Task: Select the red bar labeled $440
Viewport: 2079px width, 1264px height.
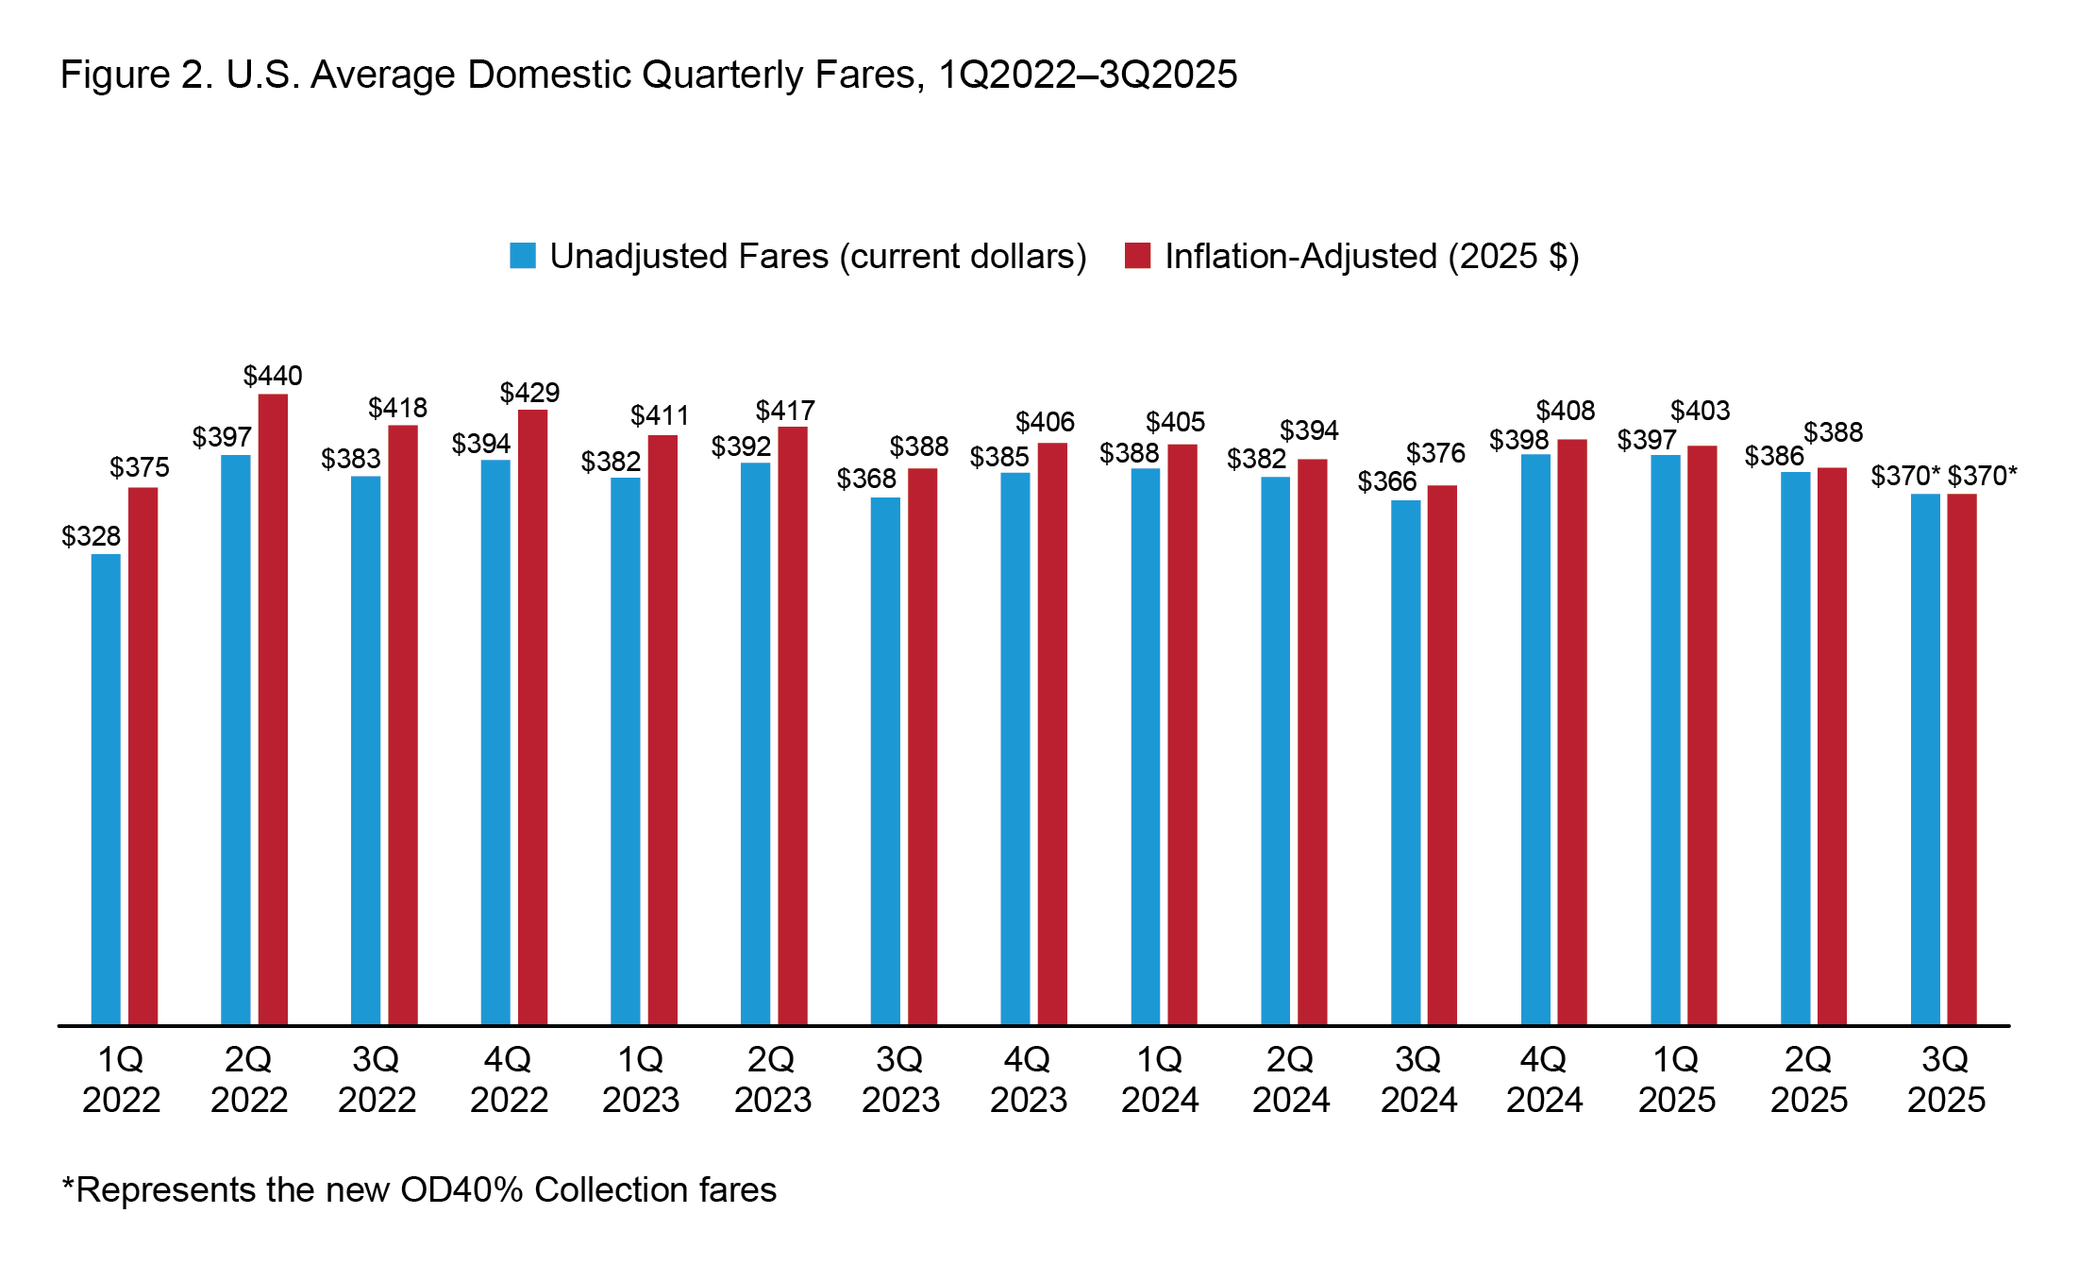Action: click(273, 708)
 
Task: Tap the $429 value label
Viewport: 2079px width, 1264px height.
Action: click(529, 393)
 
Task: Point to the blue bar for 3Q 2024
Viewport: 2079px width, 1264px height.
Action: click(1405, 762)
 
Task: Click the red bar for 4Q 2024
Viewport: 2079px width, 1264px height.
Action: click(1571, 732)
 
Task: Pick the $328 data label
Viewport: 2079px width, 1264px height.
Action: click(91, 536)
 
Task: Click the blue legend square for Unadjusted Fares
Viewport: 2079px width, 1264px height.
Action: click(523, 256)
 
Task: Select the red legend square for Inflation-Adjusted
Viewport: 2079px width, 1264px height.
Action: click(1137, 256)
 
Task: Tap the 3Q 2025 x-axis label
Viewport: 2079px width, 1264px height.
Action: click(1946, 1079)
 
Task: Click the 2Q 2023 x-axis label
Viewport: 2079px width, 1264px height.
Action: click(772, 1079)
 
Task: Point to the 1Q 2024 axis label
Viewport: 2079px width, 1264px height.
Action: click(1159, 1079)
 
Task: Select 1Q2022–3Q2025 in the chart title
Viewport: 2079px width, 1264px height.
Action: click(1087, 75)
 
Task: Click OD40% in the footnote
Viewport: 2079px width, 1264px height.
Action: click(461, 1189)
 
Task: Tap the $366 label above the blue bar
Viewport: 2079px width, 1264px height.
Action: click(1387, 481)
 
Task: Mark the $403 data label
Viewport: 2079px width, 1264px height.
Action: click(1700, 411)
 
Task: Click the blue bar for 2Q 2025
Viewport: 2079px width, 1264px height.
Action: click(1795, 748)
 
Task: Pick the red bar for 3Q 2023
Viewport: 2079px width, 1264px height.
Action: click(922, 746)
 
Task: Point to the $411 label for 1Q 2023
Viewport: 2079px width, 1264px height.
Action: click(660, 415)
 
